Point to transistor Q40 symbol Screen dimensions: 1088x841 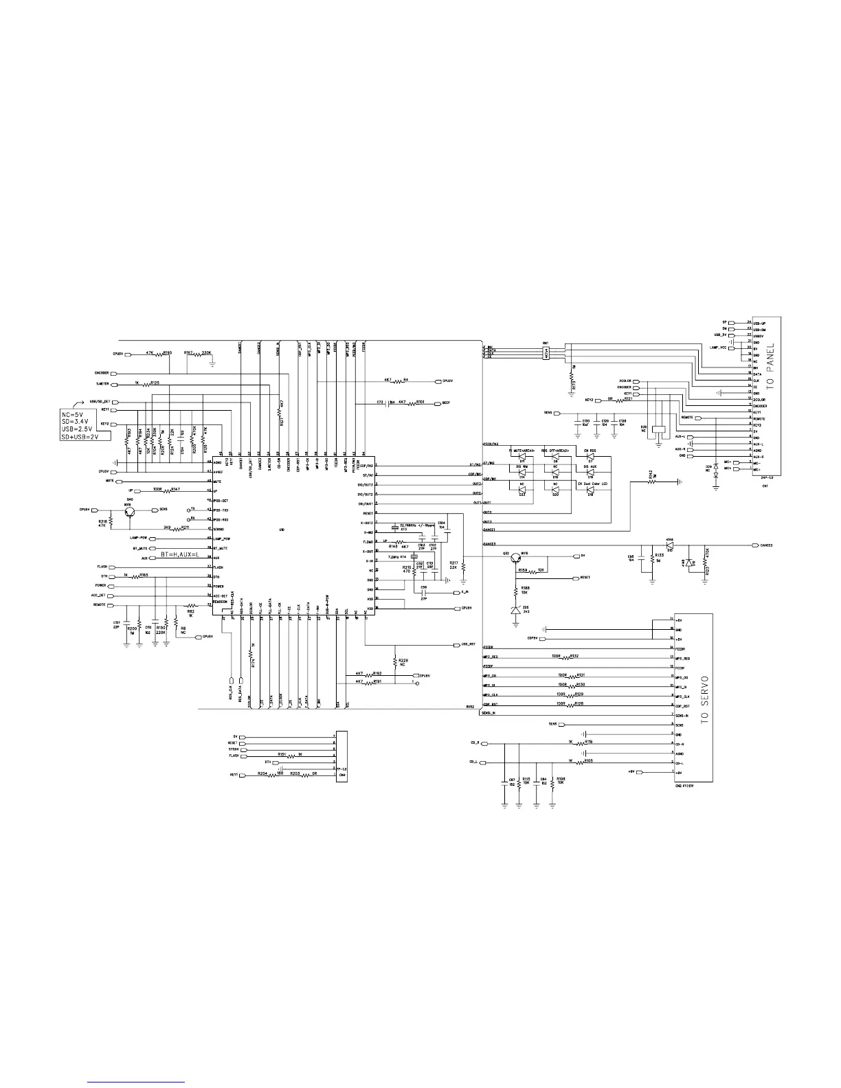[129, 510]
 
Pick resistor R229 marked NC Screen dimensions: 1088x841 [394, 662]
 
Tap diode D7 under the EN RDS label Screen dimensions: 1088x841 [590, 457]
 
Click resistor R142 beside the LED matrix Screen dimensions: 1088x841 [653, 482]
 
